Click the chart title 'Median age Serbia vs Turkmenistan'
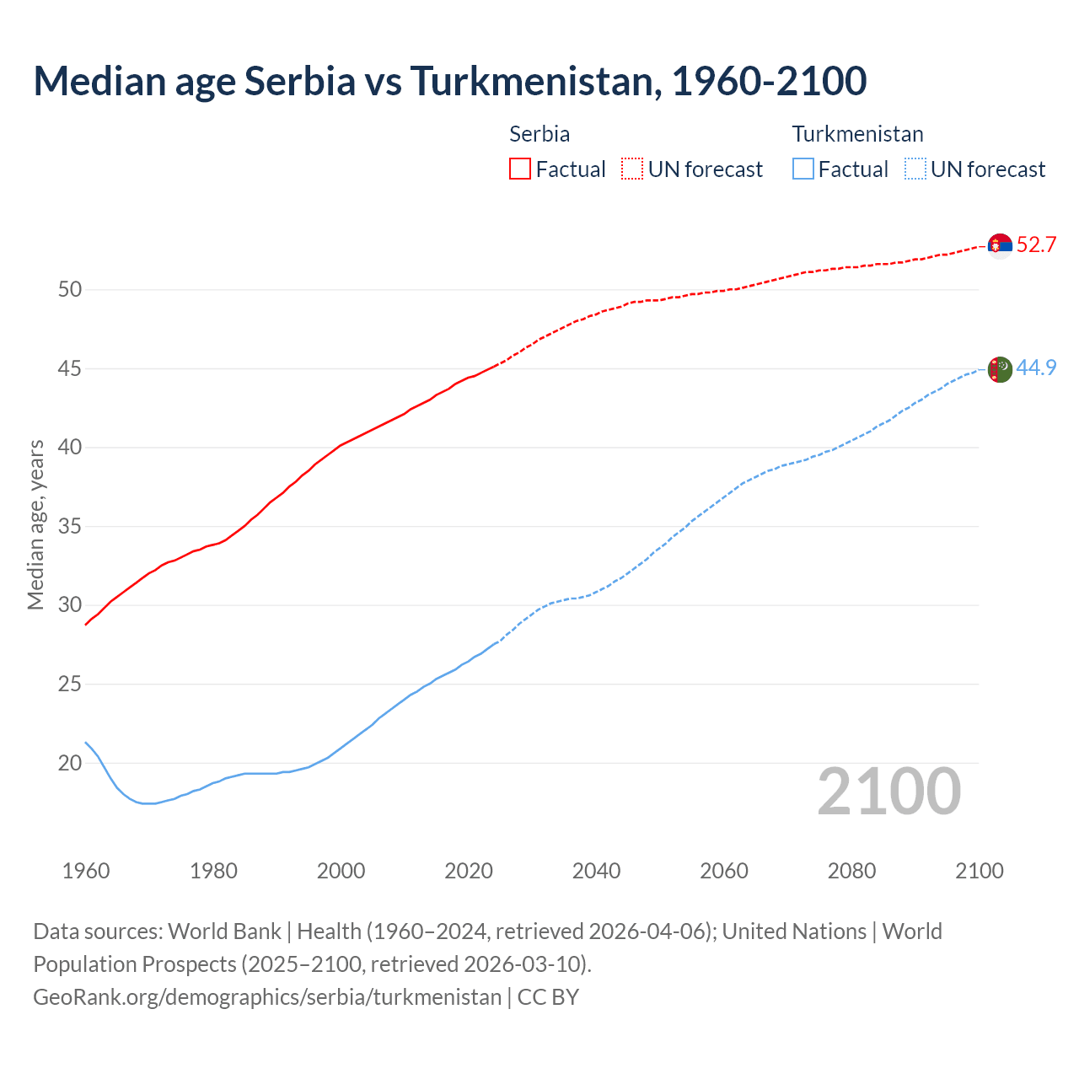pos(449,82)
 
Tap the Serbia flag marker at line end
pos(1000,245)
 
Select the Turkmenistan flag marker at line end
pos(1000,369)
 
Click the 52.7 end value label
pos(1036,245)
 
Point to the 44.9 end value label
pos(1036,368)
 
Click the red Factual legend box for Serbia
pos(520,169)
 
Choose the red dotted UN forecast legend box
pos(632,169)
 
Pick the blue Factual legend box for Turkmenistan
pos(803,169)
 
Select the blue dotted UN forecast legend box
pos(915,169)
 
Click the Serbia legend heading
pos(539,134)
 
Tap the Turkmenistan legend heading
pos(857,134)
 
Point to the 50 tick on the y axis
pos(70,290)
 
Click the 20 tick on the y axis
pos(70,764)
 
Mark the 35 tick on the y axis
pos(70,527)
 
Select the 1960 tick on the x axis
pos(86,871)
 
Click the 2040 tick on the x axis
pos(596,871)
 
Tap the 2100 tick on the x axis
pos(979,871)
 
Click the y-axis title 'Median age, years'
pos(35,524)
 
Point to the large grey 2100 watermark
pos(888,792)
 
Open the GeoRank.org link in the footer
pos(266,997)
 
